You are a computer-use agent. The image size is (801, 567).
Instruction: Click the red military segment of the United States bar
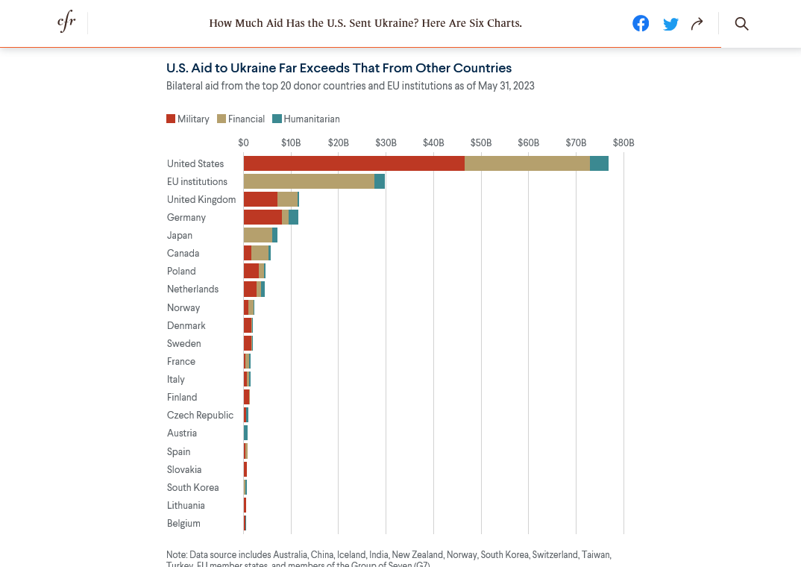point(354,163)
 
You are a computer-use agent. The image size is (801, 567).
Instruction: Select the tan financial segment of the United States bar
point(527,163)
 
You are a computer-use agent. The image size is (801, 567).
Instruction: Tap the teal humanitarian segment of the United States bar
point(599,163)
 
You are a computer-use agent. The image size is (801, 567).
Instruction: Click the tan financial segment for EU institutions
point(309,181)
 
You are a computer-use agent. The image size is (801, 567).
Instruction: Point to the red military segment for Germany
point(263,217)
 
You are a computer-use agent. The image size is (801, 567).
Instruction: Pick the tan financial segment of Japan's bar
point(258,235)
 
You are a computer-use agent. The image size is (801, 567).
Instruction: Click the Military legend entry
point(188,119)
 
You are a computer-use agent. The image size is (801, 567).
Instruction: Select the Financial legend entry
point(241,119)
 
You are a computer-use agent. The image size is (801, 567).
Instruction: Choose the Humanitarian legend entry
point(306,119)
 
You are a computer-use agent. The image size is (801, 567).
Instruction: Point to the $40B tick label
point(433,142)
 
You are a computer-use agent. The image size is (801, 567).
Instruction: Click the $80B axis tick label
point(623,142)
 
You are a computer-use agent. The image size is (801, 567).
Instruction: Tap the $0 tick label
point(244,142)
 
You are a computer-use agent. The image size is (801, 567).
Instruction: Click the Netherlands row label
point(193,289)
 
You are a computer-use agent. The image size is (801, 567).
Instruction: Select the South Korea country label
point(193,487)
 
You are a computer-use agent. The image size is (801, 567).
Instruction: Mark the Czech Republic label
point(200,415)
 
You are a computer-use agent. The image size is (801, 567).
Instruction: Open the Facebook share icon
point(641,23)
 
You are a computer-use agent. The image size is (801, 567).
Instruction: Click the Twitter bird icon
point(670,24)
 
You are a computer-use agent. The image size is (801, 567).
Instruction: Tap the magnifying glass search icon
point(741,23)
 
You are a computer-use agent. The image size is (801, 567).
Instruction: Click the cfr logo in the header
point(66,23)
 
